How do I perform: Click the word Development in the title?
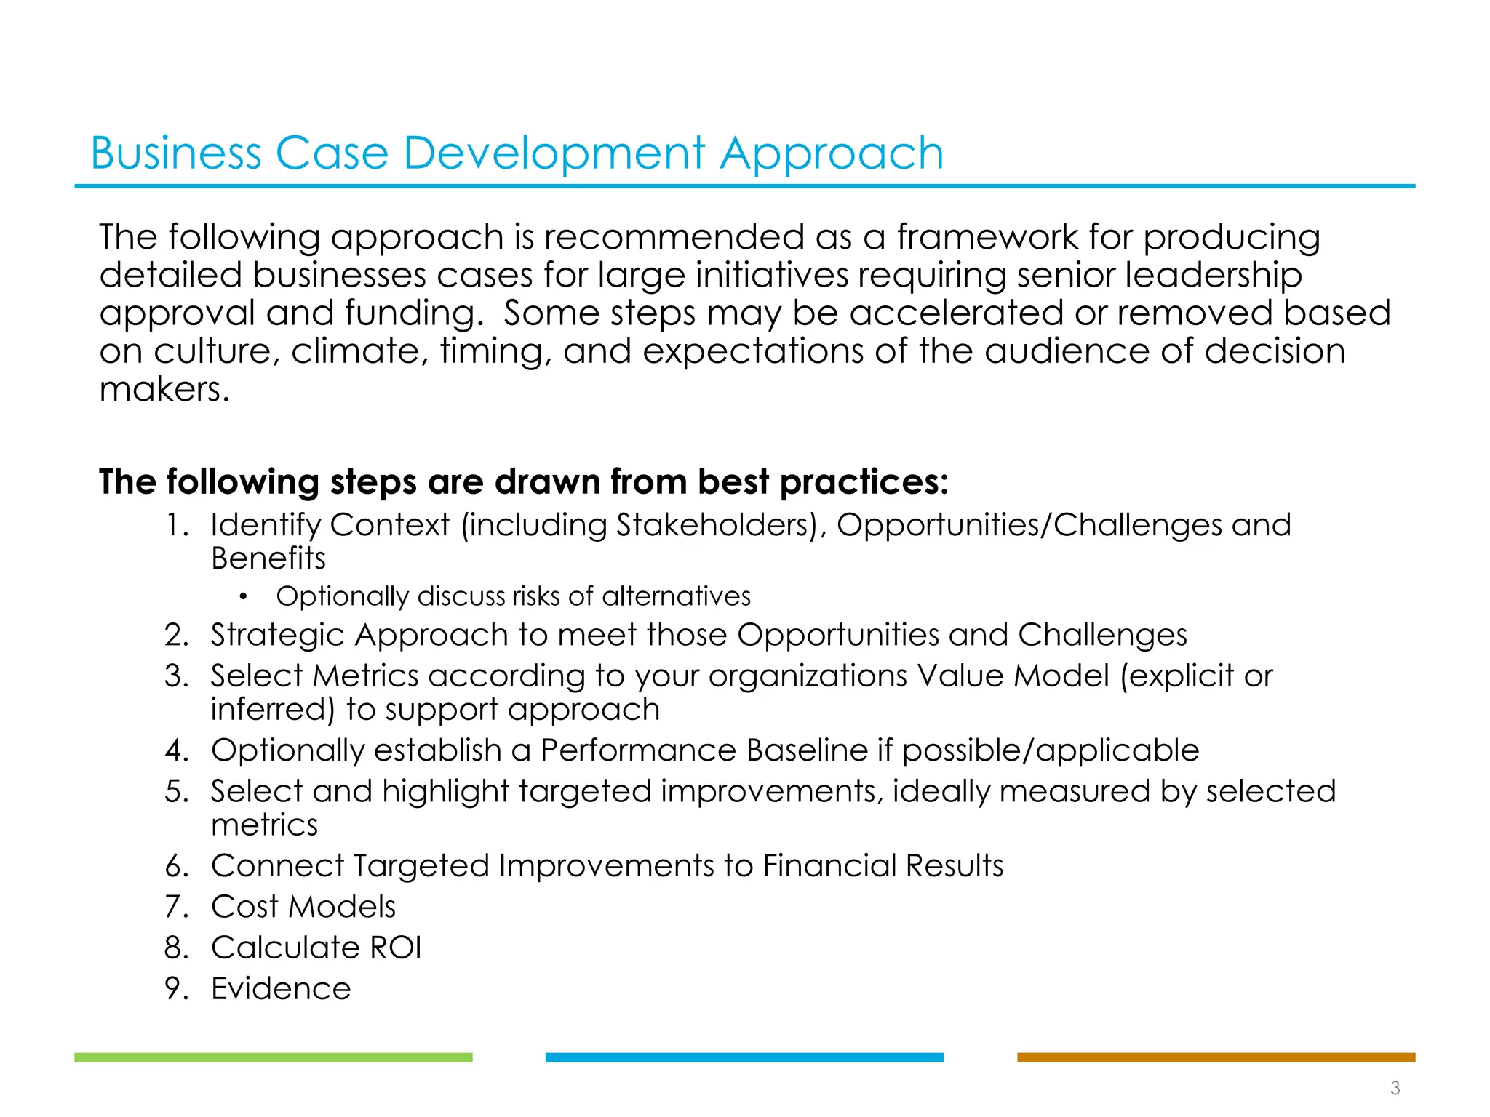coord(554,154)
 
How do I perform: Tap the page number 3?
coord(1395,1088)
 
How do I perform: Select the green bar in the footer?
coord(273,1057)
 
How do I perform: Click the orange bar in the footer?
coord(1216,1057)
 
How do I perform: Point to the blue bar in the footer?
coord(744,1057)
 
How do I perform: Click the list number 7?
coord(177,907)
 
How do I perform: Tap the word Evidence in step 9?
coord(281,988)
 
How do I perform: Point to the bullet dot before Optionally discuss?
coord(243,597)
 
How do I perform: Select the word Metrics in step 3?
coord(365,676)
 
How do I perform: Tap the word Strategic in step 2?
coord(277,635)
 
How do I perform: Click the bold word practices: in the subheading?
coord(864,482)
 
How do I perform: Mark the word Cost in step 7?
coord(244,907)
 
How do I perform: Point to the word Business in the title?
coord(175,154)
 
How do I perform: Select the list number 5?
coord(177,791)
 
